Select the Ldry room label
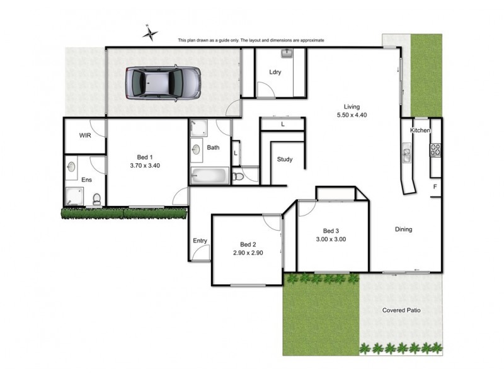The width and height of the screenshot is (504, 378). [x=275, y=72]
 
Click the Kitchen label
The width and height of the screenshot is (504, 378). [x=420, y=130]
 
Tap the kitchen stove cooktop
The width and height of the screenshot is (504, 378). [x=435, y=150]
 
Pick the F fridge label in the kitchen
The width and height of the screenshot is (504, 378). [x=435, y=187]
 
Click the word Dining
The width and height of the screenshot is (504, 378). [x=404, y=229]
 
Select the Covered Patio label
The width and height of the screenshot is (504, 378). [x=401, y=311]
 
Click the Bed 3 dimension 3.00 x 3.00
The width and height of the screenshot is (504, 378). [x=331, y=239]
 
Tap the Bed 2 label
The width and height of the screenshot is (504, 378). [x=248, y=244]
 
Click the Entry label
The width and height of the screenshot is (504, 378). [x=200, y=241]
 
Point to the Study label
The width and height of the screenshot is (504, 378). [x=285, y=159]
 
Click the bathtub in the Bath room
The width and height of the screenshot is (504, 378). [x=209, y=176]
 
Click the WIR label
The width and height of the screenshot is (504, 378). [x=85, y=135]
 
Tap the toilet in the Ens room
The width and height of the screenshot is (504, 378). [x=96, y=200]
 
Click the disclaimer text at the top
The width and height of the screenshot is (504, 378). [x=251, y=40]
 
